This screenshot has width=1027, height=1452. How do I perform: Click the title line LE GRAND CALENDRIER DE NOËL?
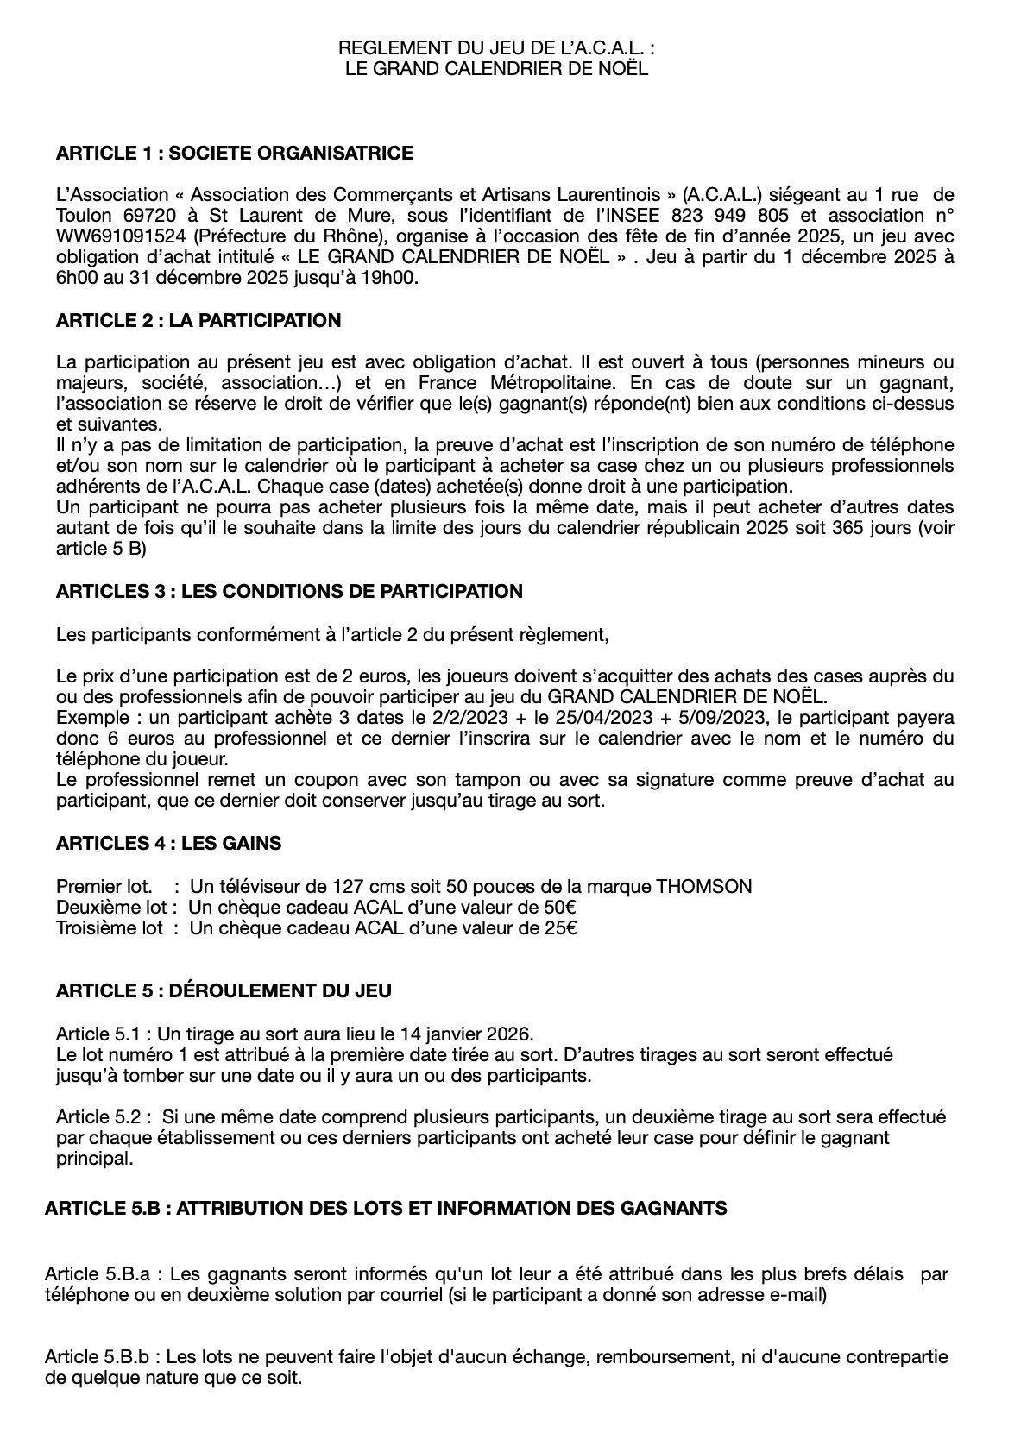496,68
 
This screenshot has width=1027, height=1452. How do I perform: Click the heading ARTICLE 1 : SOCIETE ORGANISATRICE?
234,154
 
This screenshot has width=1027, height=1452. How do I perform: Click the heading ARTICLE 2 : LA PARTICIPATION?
198,321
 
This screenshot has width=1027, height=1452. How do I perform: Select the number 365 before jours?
837,528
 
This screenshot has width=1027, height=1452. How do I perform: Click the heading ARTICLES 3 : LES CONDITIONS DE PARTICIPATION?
289,592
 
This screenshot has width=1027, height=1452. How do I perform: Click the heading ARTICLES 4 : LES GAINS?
168,843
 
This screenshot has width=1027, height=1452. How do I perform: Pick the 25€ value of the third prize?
560,928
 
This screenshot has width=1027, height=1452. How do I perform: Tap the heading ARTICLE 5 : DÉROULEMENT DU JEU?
224,990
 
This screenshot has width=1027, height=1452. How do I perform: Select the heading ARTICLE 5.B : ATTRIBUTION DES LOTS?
385,1208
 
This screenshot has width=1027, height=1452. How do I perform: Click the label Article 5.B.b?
103,1357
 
